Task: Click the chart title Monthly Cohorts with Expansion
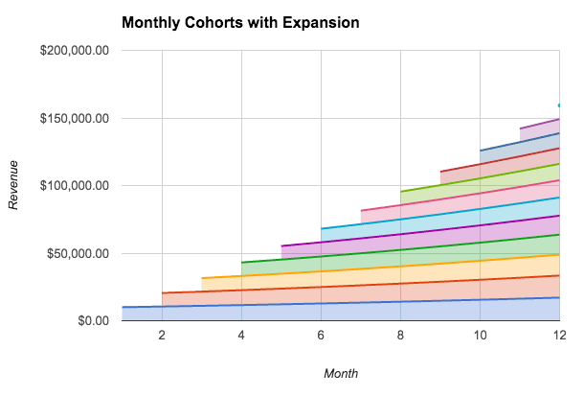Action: [240, 21]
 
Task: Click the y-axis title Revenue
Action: [13, 185]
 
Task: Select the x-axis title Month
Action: [341, 373]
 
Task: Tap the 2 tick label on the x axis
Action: [162, 336]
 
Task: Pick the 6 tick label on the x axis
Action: [321, 336]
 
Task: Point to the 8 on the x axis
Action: [400, 336]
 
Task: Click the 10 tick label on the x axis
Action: [480, 336]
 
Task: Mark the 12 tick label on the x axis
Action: [559, 336]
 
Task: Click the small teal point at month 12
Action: [559, 105]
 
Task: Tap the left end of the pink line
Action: [361, 210]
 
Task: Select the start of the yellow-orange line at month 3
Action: [202, 278]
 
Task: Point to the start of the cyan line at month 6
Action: [322, 228]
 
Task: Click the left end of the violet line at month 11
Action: [520, 128]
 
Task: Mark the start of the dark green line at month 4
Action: [242, 262]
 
